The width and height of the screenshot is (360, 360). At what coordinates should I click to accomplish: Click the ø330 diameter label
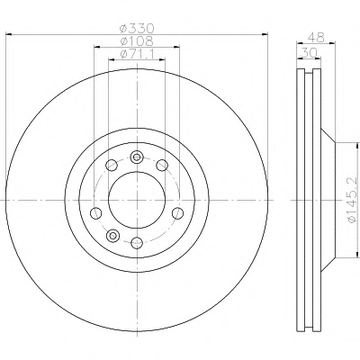(x=137, y=29)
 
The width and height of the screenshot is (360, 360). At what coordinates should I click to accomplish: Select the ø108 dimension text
(x=137, y=41)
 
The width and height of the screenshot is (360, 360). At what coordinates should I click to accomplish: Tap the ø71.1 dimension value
(x=137, y=54)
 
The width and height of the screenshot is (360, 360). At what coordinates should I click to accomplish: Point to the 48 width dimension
(x=316, y=38)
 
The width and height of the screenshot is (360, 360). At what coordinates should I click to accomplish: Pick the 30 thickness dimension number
(x=309, y=53)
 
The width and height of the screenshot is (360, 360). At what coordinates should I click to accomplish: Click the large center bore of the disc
(x=137, y=200)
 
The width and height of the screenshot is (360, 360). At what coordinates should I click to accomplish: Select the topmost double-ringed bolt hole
(x=137, y=157)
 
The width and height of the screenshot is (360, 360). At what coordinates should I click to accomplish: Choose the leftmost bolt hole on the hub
(x=95, y=213)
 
